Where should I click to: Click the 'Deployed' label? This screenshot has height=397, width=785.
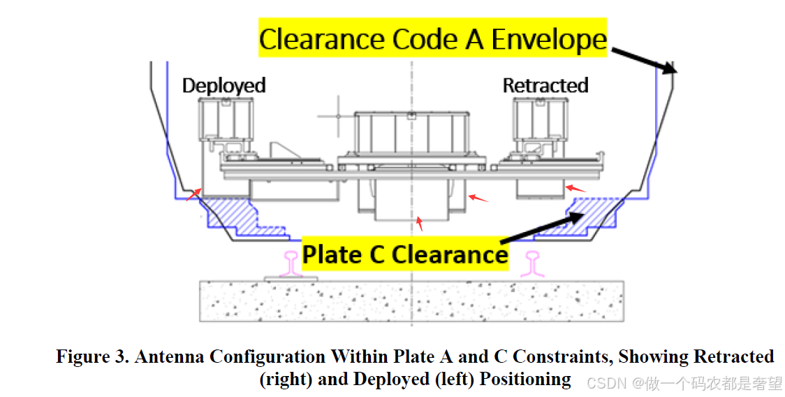(x=223, y=85)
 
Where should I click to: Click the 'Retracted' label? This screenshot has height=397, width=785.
(x=545, y=85)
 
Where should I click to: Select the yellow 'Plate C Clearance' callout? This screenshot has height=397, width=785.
(x=405, y=254)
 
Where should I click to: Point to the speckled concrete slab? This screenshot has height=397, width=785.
(x=412, y=301)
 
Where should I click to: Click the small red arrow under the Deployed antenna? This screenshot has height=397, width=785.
(x=194, y=194)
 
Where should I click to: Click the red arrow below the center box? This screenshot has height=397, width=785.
(x=419, y=224)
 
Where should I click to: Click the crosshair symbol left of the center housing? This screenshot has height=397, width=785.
(x=338, y=115)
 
